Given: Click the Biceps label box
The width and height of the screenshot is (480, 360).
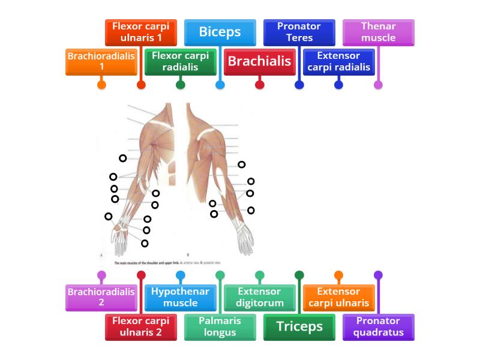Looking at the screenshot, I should (220, 32).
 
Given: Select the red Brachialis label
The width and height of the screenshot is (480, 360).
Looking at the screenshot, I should (260, 61).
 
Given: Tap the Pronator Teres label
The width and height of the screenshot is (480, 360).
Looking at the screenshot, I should (299, 32).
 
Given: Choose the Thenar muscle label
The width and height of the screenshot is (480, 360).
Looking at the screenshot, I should (378, 32).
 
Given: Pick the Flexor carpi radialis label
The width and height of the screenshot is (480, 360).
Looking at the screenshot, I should (180, 61).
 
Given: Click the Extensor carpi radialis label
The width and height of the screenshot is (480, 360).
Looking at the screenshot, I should (338, 61).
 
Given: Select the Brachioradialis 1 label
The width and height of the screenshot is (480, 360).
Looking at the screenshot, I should (101, 61).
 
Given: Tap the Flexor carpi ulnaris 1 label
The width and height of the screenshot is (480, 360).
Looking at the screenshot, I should (141, 32).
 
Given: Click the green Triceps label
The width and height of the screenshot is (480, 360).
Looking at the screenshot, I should (299, 326).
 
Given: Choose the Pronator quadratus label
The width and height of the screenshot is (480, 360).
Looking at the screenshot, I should (378, 326).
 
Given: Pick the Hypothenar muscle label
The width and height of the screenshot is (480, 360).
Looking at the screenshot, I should (180, 297).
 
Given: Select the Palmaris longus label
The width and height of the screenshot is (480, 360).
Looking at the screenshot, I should (220, 326).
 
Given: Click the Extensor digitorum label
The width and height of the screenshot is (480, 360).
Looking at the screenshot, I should (260, 297).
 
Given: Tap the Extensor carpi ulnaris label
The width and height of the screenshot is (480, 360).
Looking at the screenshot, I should (338, 297).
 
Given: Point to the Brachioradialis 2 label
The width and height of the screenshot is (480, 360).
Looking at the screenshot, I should (101, 297).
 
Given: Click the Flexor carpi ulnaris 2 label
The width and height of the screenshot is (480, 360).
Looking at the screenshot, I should (141, 326).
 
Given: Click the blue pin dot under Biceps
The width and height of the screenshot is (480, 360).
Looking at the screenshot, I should (220, 85).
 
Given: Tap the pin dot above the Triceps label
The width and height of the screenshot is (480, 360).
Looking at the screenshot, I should (299, 275).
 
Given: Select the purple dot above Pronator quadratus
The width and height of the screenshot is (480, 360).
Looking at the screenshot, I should (378, 275).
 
